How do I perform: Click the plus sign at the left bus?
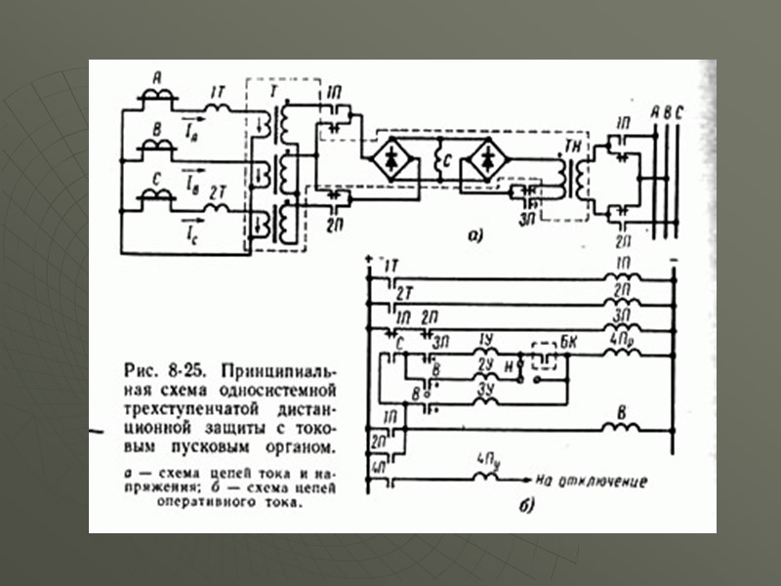(367, 259)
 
